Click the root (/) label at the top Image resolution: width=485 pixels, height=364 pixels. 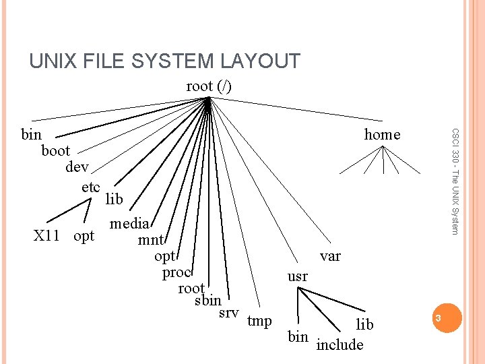(x=209, y=86)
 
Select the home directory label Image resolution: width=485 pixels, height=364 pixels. (x=382, y=135)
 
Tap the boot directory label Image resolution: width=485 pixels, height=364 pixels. (x=55, y=151)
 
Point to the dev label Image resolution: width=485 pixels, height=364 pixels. (x=77, y=167)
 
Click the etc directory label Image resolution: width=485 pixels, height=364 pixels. (x=91, y=187)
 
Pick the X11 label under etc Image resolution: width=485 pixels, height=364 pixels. (x=48, y=236)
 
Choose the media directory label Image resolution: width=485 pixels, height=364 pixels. (x=130, y=224)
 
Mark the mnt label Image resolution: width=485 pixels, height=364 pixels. (x=152, y=240)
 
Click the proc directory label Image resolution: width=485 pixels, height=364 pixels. (x=177, y=272)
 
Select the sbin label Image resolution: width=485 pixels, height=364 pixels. (x=207, y=301)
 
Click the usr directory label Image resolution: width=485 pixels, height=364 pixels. (x=298, y=276)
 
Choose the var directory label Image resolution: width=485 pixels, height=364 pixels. (x=330, y=256)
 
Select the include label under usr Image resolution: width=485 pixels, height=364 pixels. (x=339, y=344)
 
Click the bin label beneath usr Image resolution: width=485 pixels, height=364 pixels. (x=298, y=336)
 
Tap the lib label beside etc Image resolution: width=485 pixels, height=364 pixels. (x=115, y=199)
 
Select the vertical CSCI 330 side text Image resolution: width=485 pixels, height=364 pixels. (x=455, y=182)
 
